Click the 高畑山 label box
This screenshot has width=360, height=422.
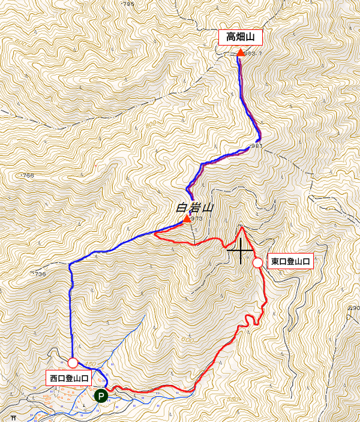[x=241, y=38]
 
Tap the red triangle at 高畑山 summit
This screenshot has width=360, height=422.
[x=241, y=53]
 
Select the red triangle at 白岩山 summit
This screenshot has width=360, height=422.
[x=187, y=219]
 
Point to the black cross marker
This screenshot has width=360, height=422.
[x=241, y=250]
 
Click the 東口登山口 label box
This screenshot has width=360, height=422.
[x=290, y=262]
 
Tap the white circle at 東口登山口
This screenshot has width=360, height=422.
[x=258, y=262]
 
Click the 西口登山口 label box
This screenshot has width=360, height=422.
[x=69, y=378]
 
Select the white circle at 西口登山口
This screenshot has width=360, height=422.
[x=73, y=363]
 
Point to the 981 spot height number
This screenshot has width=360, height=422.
[x=257, y=146]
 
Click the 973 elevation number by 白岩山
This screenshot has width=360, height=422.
[x=197, y=219]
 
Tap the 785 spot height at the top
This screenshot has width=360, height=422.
[x=128, y=4]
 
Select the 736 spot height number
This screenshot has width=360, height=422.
[x=40, y=274]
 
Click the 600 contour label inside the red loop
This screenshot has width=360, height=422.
[x=187, y=339]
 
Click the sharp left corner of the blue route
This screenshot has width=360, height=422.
[x=70, y=264]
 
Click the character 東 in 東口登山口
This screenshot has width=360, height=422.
[x=275, y=262]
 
